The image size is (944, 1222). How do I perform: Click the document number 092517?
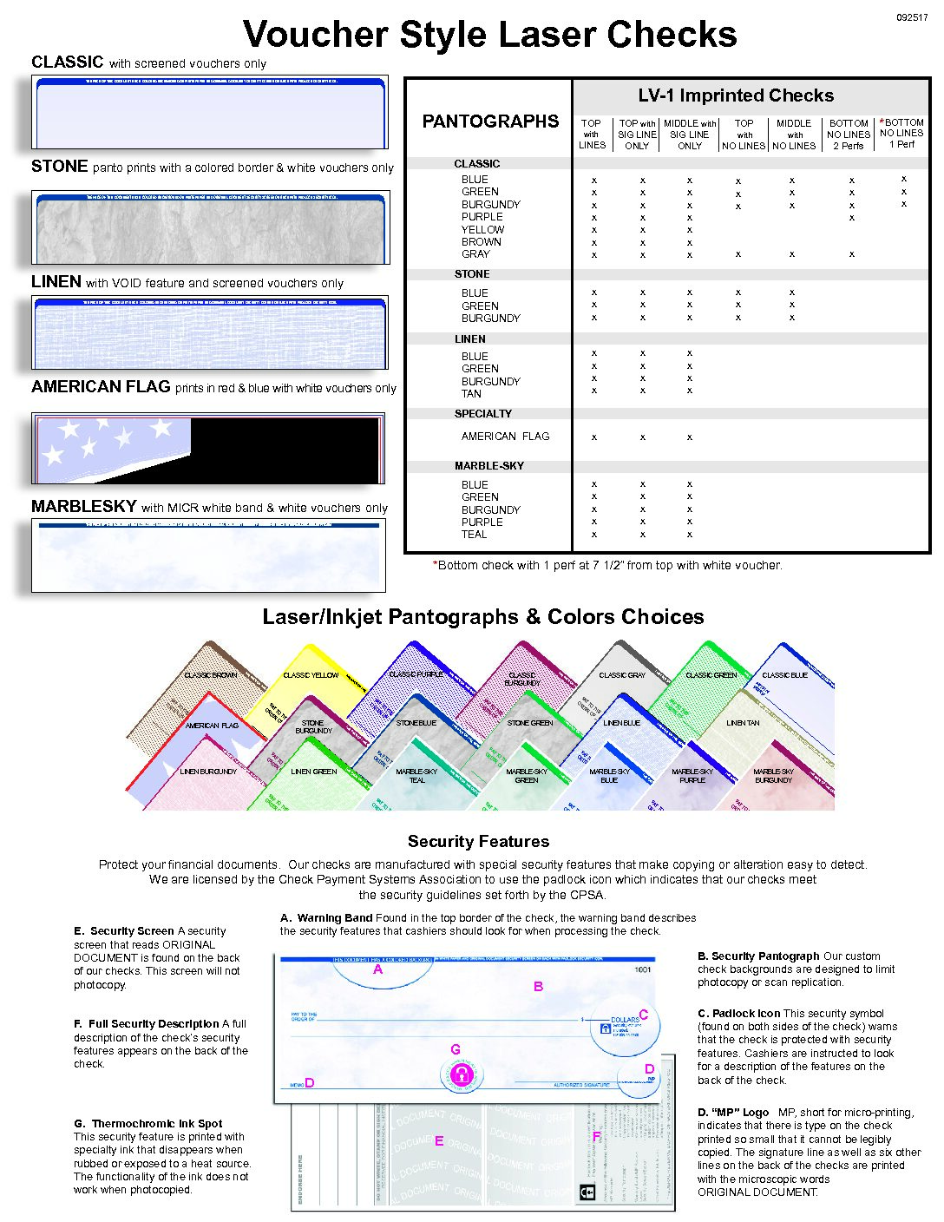click(x=912, y=17)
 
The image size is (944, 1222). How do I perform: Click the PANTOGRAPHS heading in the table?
click(x=490, y=122)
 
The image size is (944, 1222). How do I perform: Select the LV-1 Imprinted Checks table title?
click(x=736, y=95)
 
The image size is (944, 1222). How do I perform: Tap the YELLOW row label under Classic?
click(x=482, y=229)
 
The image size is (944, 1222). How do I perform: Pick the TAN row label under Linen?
click(x=471, y=393)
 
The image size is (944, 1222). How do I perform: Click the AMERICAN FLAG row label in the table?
click(x=505, y=437)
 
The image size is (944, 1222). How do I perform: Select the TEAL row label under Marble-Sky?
click(x=474, y=535)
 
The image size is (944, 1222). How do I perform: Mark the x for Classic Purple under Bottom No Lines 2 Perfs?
click(x=852, y=218)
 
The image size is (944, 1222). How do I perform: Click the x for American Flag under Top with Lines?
click(x=594, y=437)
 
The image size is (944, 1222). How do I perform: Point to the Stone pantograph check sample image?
click(x=210, y=227)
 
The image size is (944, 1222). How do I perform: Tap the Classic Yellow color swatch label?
click(x=311, y=675)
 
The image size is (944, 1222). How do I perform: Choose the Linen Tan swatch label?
click(x=743, y=723)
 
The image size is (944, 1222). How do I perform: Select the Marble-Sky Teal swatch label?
click(x=416, y=775)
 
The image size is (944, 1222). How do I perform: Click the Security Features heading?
click(x=478, y=841)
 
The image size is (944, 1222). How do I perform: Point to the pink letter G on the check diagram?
click(x=456, y=1049)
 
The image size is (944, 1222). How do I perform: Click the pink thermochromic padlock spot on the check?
click(x=462, y=1074)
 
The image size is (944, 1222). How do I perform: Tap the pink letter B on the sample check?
click(x=539, y=986)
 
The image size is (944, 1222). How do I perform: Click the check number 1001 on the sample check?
click(x=642, y=969)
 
